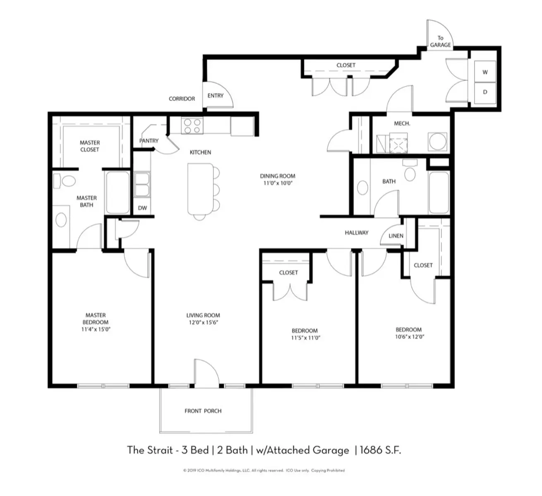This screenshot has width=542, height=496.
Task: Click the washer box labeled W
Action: pos(485,72)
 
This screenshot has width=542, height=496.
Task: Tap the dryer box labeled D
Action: pos(485,92)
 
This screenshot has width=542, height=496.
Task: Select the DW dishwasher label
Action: pos(142,208)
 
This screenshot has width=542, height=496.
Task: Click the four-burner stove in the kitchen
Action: pos(192,126)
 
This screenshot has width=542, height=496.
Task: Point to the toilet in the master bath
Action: pos(65,181)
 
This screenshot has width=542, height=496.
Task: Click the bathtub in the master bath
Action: pos(118,193)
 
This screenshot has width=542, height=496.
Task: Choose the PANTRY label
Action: pos(149,141)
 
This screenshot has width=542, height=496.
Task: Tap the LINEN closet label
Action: pos(396,236)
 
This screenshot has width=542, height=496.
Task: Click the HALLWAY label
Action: pos(357,232)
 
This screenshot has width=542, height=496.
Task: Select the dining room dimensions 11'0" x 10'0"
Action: pos(278,183)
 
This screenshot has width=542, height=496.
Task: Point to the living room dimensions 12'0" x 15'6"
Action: pos(203,322)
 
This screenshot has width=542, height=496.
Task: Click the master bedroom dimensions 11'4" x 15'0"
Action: pos(96,329)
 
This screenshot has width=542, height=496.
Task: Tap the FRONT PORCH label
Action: pos(203,411)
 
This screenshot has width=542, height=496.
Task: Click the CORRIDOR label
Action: pos(182,99)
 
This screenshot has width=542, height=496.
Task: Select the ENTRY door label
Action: pos(215,95)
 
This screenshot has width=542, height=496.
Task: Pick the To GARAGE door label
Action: pos(440,42)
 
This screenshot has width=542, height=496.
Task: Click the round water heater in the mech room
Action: pos(438,141)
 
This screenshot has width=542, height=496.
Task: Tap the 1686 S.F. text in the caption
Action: pos(380,450)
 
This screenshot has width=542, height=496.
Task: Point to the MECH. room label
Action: pos(402,124)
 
